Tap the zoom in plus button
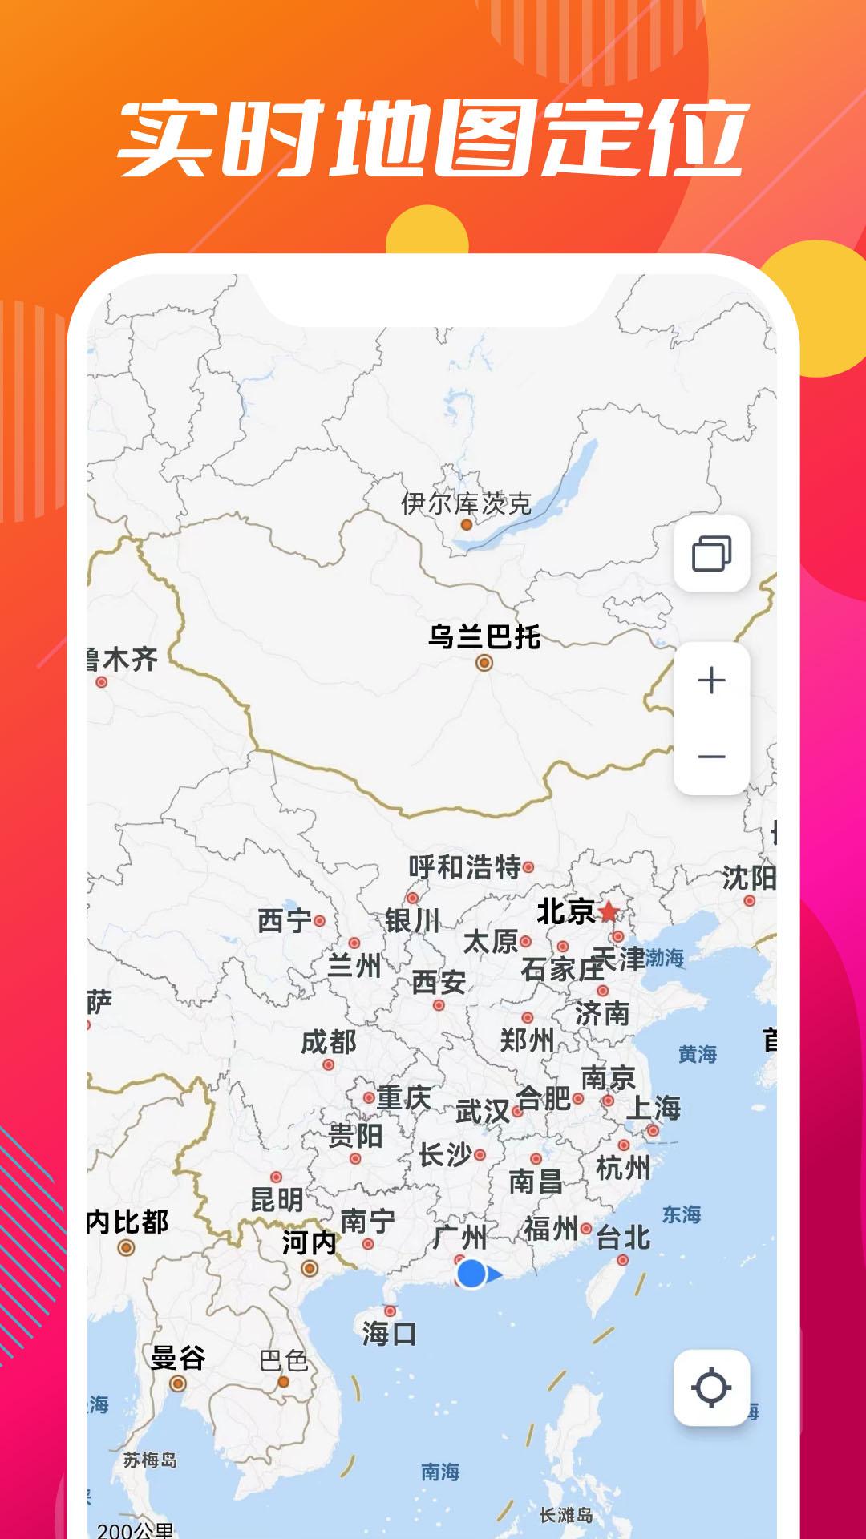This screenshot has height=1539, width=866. pos(711,681)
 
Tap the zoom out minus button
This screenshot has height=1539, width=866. pos(711,757)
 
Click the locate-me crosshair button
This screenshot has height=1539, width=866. pos(711,1388)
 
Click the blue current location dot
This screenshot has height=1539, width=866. pos(472,1273)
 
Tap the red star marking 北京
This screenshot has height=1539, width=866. pos(609,911)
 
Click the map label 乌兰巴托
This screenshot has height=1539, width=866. pos(484,637)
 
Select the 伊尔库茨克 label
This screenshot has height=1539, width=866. pos(466,503)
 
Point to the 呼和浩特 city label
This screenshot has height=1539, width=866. pos(464,866)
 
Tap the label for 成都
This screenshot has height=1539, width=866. pos(329,1042)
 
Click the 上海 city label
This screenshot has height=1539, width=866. pos(654,1108)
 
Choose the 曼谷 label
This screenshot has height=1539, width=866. pos(178,1358)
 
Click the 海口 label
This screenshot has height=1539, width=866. pos(389,1334)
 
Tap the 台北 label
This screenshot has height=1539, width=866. pos(623,1238)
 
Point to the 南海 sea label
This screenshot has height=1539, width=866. pos(440,1472)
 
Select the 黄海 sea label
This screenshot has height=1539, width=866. pos(697,1054)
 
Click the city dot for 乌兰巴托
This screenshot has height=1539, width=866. pos(484,663)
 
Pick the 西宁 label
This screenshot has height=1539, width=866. pos(285,921)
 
